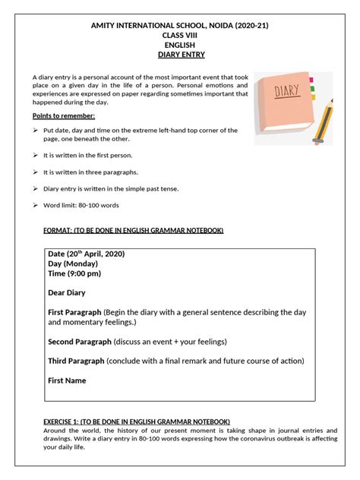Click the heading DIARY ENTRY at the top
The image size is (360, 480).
pos(180,55)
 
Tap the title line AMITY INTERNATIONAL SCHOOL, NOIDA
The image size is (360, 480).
pos(180,26)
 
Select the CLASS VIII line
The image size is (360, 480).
pos(180,36)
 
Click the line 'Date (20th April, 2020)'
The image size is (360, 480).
pos(86,253)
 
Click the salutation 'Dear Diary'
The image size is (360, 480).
pos(67,292)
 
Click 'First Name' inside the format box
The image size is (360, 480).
pos(67,380)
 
